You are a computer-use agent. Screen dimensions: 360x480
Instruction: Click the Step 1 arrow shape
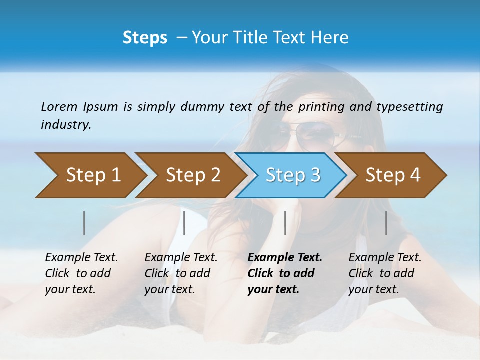pyautogui.click(x=90, y=175)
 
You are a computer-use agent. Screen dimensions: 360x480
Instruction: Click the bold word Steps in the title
pyautogui.click(x=145, y=38)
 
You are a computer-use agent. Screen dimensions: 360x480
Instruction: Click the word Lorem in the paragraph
pyautogui.click(x=59, y=106)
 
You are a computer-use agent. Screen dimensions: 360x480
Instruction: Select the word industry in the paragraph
pyautogui.click(x=66, y=125)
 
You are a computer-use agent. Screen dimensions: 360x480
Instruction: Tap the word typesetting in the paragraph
pyautogui.click(x=410, y=106)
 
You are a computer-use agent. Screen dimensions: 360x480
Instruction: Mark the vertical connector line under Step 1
pyautogui.click(x=84, y=223)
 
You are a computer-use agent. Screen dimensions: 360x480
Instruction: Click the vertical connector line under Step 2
pyautogui.click(x=184, y=223)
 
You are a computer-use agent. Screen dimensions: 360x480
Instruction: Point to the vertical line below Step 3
pyautogui.click(x=285, y=223)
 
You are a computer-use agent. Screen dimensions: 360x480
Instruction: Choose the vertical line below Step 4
pyautogui.click(x=386, y=223)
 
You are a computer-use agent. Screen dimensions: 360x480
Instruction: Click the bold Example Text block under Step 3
pyautogui.click(x=284, y=273)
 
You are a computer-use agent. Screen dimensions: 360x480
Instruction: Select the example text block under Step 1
pyautogui.click(x=81, y=273)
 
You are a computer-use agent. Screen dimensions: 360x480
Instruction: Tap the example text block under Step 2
pyautogui.click(x=181, y=273)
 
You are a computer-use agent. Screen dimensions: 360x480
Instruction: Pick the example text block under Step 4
pyautogui.click(x=384, y=273)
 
